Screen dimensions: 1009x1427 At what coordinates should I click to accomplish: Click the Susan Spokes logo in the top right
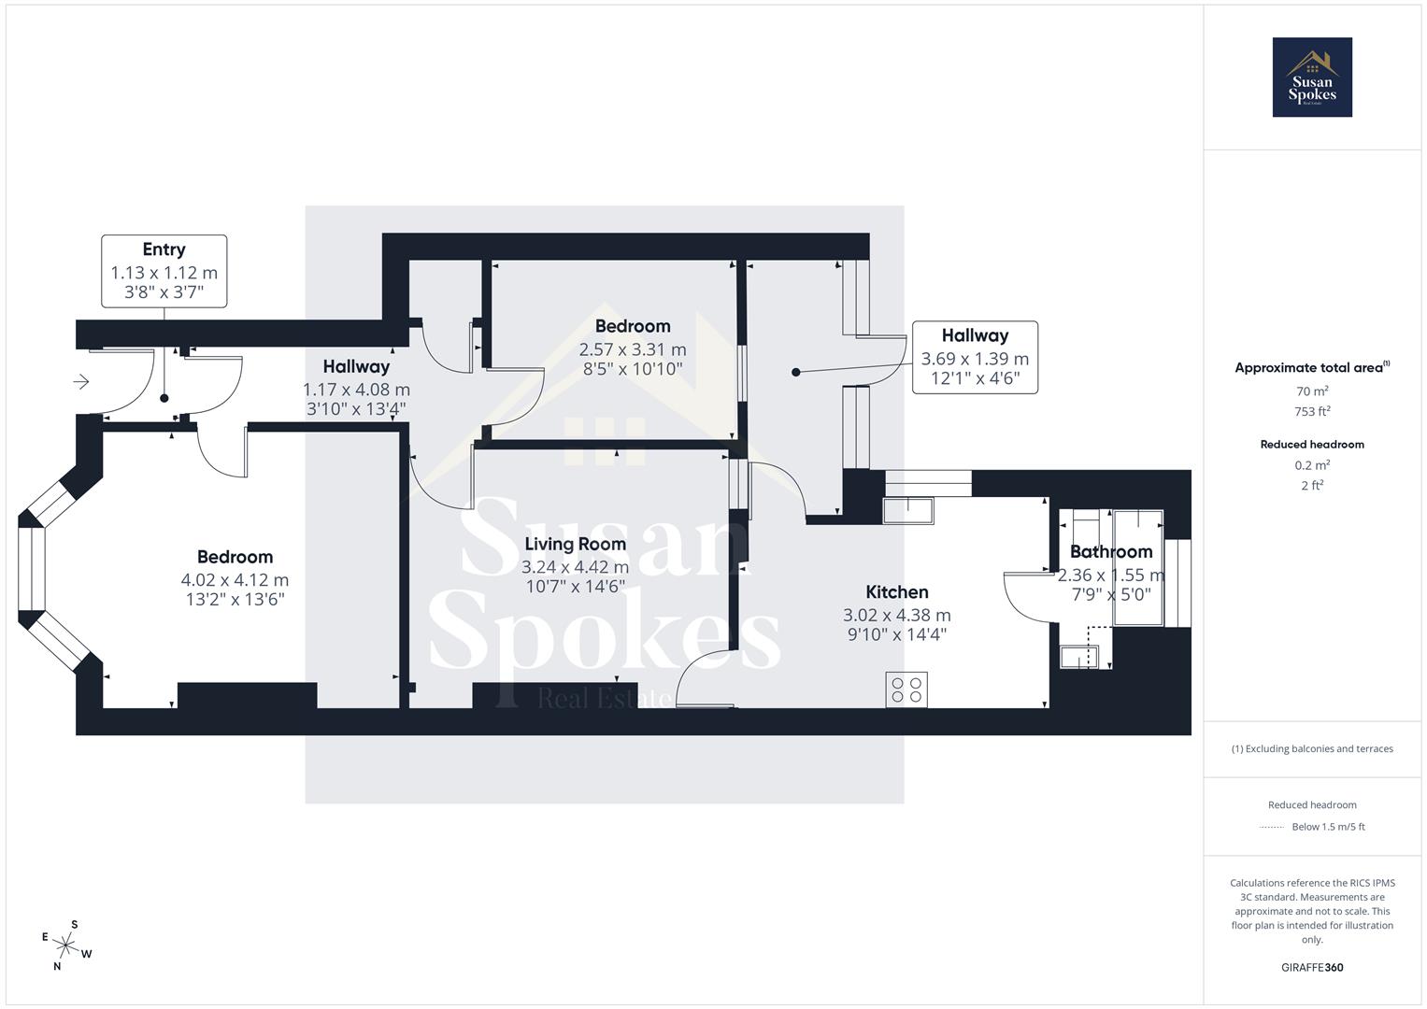click(1311, 78)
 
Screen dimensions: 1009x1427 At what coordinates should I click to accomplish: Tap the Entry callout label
click(164, 271)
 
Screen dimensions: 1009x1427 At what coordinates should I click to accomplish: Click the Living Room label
click(575, 544)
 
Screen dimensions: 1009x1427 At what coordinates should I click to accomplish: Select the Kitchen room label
click(896, 591)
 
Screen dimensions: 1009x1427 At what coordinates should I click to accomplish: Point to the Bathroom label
click(1110, 551)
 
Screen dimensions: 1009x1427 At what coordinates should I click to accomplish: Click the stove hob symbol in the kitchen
click(906, 689)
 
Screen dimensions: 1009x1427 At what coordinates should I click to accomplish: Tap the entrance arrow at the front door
click(81, 381)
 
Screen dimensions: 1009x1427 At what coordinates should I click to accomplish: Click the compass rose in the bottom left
click(66, 945)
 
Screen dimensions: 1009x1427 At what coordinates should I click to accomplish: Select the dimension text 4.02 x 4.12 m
click(235, 580)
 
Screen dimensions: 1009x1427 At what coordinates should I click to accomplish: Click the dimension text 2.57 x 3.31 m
click(632, 349)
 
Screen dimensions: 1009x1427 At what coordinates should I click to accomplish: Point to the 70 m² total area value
click(1311, 391)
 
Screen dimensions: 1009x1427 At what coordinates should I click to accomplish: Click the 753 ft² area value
click(1311, 411)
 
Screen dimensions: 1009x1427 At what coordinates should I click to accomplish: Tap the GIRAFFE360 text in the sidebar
click(1311, 967)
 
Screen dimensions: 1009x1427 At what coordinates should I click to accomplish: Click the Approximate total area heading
click(1311, 367)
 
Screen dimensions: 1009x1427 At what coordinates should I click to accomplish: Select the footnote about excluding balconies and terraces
click(1311, 748)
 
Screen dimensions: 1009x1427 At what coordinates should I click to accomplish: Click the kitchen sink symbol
click(907, 510)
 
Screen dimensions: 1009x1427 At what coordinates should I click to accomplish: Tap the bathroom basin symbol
click(1077, 657)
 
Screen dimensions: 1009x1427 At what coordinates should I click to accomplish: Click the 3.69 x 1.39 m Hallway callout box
click(975, 357)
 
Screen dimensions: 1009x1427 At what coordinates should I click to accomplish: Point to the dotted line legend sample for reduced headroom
click(1272, 827)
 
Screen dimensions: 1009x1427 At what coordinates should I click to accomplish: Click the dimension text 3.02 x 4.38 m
click(896, 615)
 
